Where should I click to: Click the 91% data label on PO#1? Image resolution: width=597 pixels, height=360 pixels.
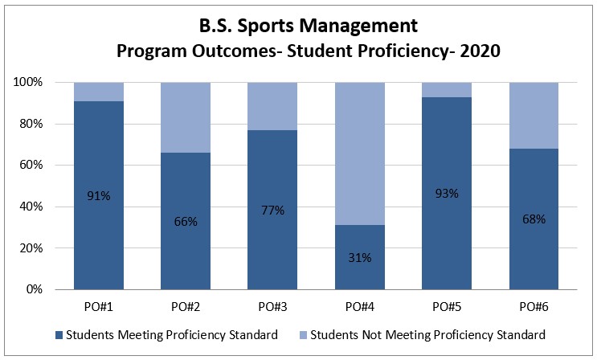click(99, 194)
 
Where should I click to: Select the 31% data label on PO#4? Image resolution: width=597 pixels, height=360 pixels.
click(360, 257)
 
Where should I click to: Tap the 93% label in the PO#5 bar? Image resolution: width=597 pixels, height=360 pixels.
click(447, 193)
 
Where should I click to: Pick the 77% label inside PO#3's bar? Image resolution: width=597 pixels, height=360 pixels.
click(273, 210)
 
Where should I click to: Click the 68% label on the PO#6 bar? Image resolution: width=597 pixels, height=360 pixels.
click(534, 219)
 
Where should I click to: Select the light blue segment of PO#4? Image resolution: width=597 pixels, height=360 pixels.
click(360, 153)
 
